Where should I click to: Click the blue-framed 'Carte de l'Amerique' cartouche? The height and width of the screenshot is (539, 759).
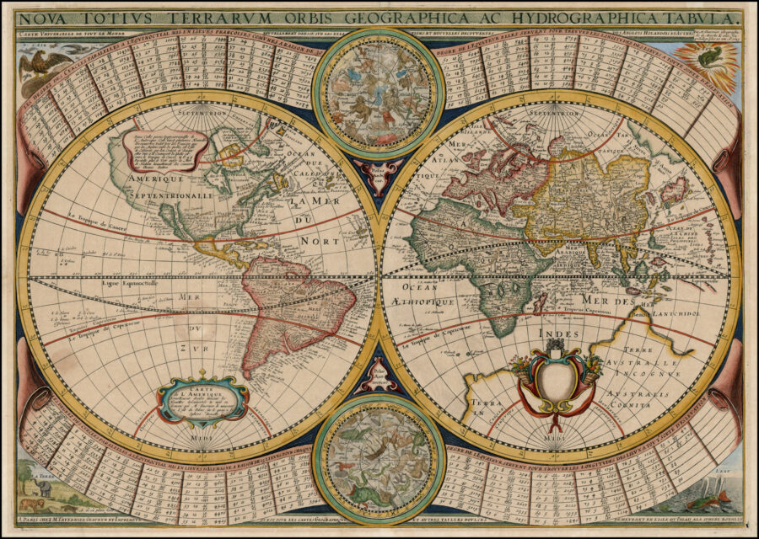pyautogui.click(x=202, y=401)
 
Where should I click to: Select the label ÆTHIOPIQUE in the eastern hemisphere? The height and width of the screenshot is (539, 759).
pyautogui.click(x=426, y=301)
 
